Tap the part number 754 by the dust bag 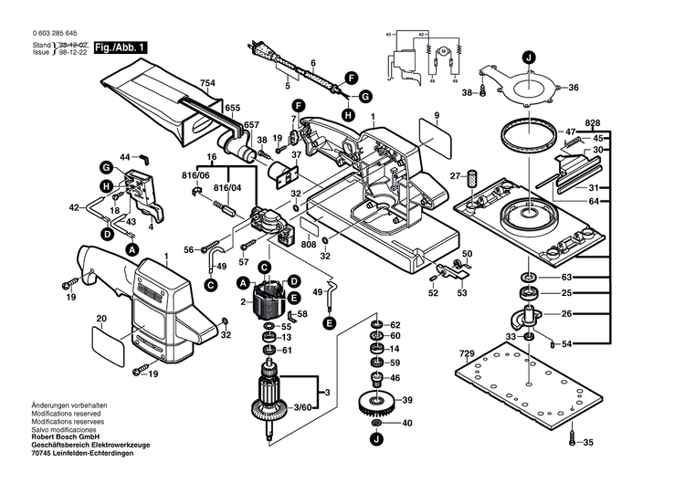click(208, 84)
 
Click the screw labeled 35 click(573, 440)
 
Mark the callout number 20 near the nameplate click(102, 319)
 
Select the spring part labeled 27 click(473, 176)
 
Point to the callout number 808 click(310, 244)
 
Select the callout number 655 click(232, 108)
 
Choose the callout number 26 click(567, 314)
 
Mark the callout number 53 click(461, 293)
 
